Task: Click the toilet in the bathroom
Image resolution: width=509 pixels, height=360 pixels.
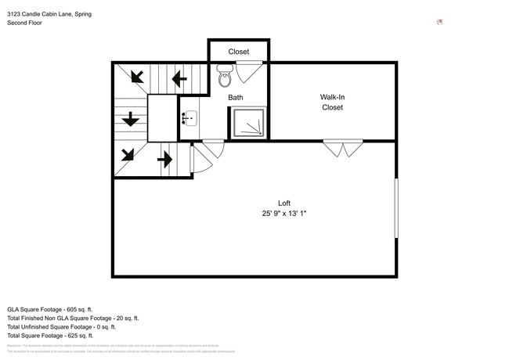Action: pos(225,77)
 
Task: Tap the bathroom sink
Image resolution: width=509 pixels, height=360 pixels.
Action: pos(190,119)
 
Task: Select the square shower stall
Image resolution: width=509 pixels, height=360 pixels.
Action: pos(249,123)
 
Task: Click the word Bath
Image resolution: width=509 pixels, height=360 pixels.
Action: pos(235,98)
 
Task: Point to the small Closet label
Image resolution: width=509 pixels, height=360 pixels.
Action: pos(239,52)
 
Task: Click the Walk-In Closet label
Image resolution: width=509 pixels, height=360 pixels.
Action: pos(332,103)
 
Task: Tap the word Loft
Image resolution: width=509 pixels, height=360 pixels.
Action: pos(284,203)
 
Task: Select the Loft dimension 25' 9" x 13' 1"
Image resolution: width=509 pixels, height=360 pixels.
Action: pos(284,214)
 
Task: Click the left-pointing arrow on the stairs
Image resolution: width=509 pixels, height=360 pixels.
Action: pos(179,78)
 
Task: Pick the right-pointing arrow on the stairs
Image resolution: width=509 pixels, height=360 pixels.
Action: pos(164,160)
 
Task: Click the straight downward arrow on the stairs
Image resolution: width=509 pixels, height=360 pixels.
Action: pos(130,120)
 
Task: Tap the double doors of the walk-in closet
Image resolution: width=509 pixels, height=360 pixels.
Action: pos(343,148)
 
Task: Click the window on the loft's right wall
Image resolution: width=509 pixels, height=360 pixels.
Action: pos(395,208)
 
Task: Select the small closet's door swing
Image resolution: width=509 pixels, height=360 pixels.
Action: pos(249,71)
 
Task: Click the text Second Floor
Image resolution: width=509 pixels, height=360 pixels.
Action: pos(25,23)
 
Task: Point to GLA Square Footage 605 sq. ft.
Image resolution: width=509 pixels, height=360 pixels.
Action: pos(50,309)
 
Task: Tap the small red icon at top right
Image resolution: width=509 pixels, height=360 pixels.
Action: pos(440,22)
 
